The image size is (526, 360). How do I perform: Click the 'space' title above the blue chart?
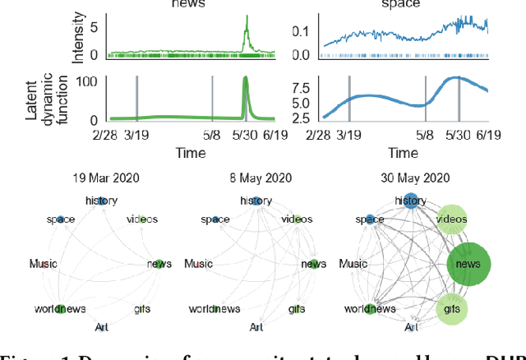coord(404,4)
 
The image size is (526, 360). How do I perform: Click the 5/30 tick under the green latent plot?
coord(246,134)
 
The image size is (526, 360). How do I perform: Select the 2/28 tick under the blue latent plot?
coord(322,134)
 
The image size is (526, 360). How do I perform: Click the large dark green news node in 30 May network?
coord(468,264)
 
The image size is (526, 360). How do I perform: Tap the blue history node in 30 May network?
coord(410,201)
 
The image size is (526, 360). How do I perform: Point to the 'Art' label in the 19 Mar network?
coord(102,326)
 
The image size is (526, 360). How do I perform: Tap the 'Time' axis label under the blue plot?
coord(404,153)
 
